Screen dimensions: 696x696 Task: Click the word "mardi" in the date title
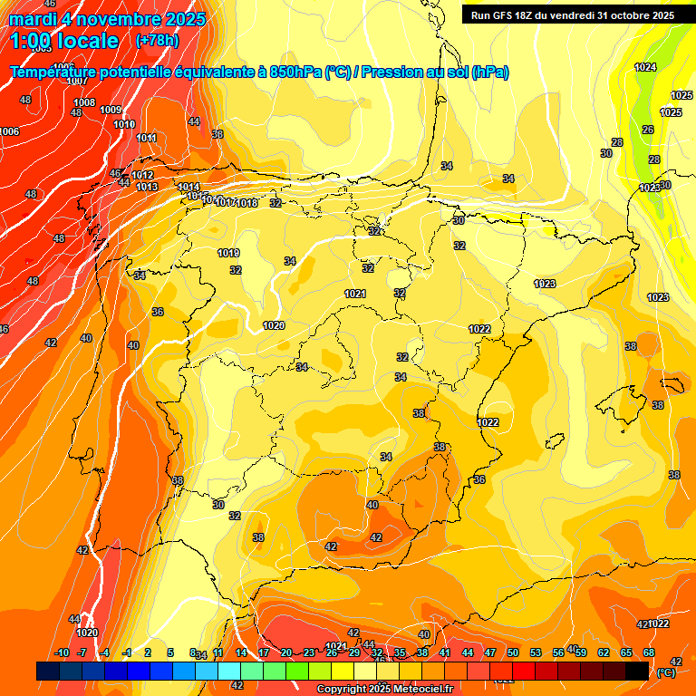[34, 19]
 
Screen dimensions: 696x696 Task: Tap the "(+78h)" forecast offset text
[157, 41]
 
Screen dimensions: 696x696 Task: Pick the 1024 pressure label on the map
[645, 68]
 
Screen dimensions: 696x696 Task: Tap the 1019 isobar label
[228, 254]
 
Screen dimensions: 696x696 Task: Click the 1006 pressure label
[9, 132]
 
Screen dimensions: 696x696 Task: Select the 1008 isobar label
[84, 103]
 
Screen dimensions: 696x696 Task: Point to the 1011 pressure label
[146, 139]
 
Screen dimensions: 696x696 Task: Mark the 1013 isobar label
[147, 188]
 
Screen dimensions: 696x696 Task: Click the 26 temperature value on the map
[647, 130]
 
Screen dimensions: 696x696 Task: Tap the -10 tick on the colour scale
[62, 653]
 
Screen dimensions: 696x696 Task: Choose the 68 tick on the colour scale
[649, 653]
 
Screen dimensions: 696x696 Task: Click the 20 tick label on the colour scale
[285, 653]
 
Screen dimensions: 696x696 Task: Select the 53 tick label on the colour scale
[535, 653]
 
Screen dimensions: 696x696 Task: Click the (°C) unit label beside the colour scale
[666, 672]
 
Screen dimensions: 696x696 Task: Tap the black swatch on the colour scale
[637, 671]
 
